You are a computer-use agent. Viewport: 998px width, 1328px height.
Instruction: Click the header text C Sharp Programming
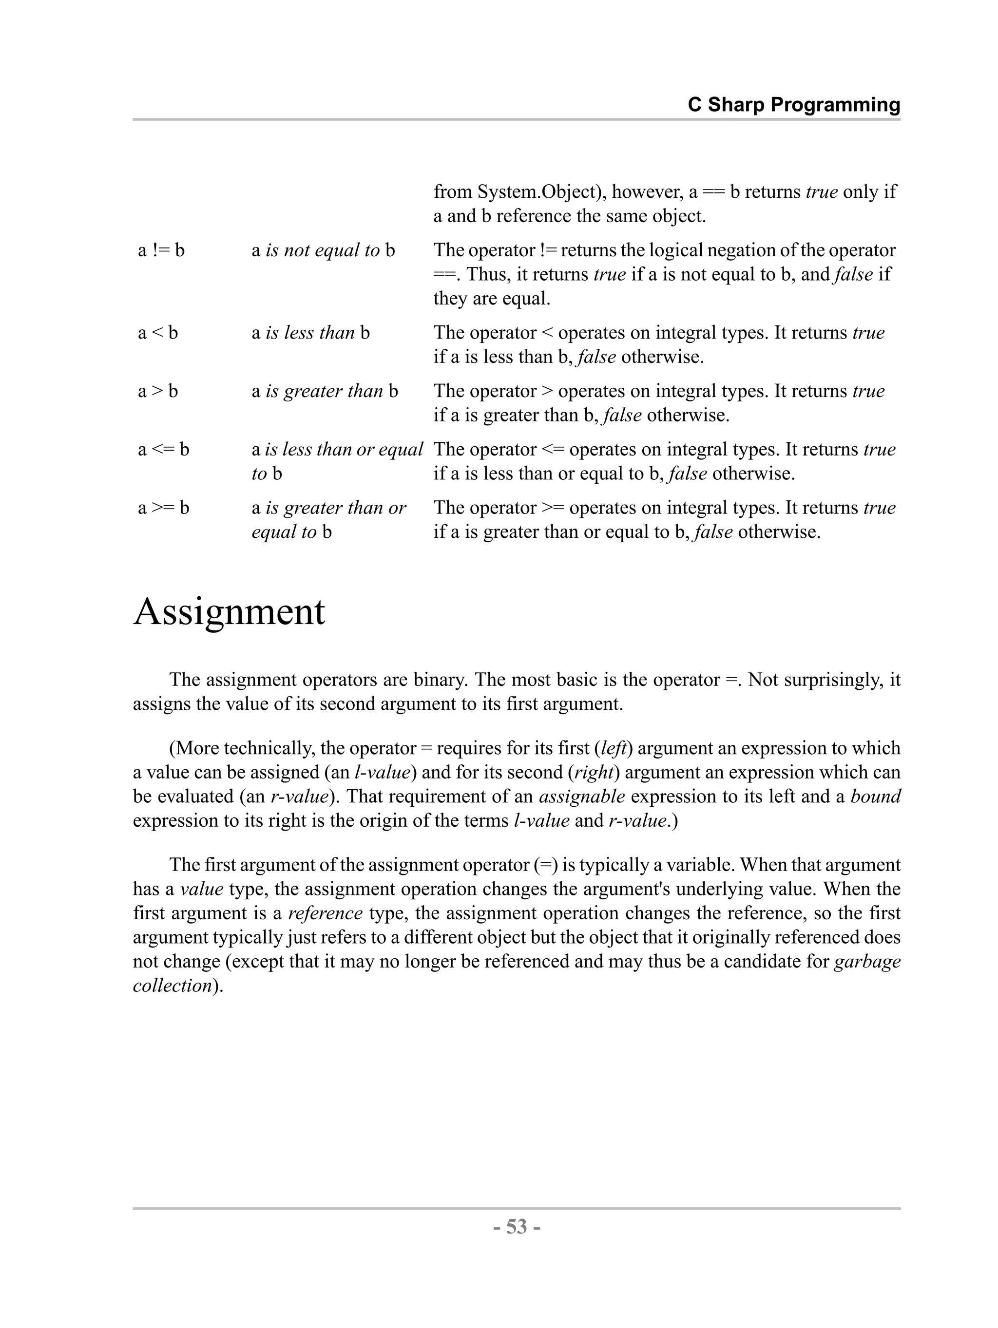click(793, 105)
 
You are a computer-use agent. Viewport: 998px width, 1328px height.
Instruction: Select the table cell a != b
click(161, 250)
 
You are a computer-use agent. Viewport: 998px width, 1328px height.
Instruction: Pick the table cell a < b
click(158, 332)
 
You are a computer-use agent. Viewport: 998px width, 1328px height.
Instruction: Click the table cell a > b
click(158, 391)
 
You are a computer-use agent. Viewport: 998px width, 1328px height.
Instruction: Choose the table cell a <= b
click(163, 449)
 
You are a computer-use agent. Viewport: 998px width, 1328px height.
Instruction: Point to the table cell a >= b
click(163, 507)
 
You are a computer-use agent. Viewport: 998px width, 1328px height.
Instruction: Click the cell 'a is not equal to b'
click(323, 250)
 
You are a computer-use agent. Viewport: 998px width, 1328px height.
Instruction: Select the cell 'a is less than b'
click(310, 332)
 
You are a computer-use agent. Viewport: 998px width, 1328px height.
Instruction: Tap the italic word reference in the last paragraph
click(325, 913)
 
